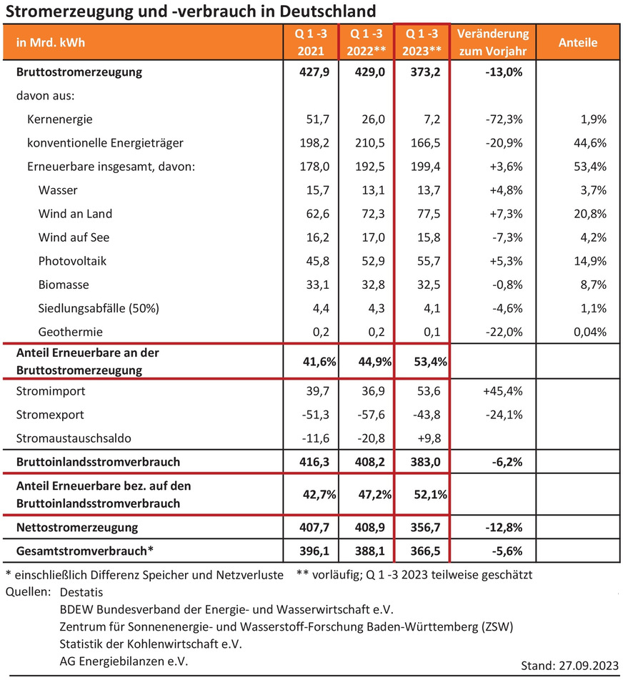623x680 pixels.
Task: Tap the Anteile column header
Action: [578, 43]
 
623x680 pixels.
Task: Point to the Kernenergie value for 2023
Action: [436, 119]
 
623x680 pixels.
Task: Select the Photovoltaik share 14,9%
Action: [592, 261]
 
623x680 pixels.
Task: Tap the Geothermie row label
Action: [71, 332]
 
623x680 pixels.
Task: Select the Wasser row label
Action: [58, 189]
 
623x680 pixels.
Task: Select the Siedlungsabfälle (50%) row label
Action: [98, 308]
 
